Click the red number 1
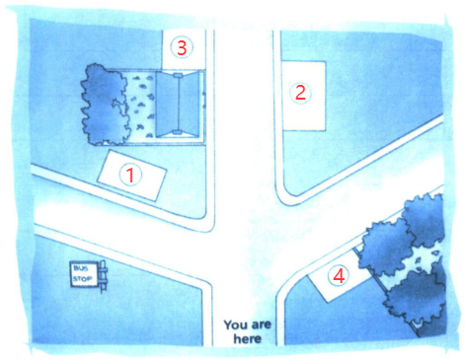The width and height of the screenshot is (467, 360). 130,175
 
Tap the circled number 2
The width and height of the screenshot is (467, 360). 300,93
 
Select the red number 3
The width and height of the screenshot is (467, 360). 182,47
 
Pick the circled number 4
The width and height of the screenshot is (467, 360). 339,275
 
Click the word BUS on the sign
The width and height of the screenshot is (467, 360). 81,268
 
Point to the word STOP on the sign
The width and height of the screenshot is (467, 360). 83,279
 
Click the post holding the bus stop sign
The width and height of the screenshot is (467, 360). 103,275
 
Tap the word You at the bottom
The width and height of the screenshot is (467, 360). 236,325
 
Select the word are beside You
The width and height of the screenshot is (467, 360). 261,325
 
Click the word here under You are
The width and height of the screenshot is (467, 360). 248,338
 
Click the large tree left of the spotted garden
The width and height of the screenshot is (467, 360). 104,105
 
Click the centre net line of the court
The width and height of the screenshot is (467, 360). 178,104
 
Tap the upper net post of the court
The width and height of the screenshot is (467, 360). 178,76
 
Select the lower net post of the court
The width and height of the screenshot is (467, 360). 178,132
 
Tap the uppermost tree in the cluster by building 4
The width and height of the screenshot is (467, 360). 424,220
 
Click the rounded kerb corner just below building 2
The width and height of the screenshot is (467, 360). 285,196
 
